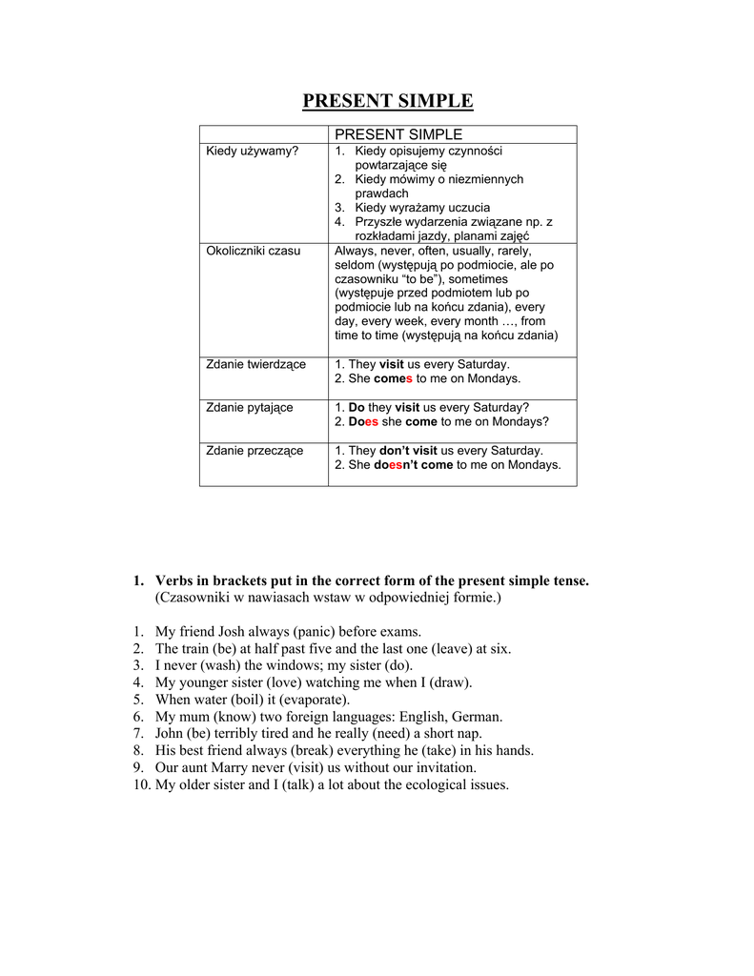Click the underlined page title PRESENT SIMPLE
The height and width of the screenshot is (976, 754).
(387, 100)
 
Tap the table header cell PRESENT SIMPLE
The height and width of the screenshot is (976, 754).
(397, 134)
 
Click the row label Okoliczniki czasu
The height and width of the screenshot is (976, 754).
(253, 251)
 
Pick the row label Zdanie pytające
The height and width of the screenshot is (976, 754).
(250, 407)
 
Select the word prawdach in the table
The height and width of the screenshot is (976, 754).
(381, 193)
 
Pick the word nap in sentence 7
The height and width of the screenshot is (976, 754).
(470, 734)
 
